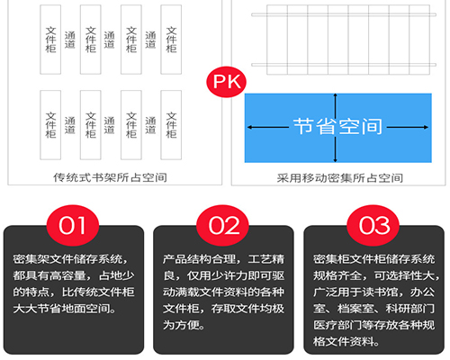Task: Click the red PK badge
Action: click(x=226, y=82)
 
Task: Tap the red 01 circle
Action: click(x=73, y=226)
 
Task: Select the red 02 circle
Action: click(x=222, y=226)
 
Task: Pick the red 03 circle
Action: click(x=373, y=226)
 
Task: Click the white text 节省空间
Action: click(x=338, y=126)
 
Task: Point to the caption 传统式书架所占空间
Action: click(x=110, y=177)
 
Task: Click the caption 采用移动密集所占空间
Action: click(x=339, y=178)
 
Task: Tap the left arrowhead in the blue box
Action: click(x=250, y=127)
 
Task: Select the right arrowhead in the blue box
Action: click(x=426, y=127)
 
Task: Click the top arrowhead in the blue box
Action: click(x=336, y=96)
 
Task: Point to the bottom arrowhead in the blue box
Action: click(x=336, y=160)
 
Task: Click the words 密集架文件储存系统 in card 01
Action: click(x=67, y=259)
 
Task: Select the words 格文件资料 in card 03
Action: click(x=344, y=341)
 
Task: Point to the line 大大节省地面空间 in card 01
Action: click(x=61, y=309)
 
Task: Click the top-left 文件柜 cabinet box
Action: click(x=50, y=40)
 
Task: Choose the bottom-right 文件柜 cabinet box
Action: click(x=171, y=125)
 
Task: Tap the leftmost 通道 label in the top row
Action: click(x=70, y=40)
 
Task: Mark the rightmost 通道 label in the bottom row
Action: click(x=150, y=125)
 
